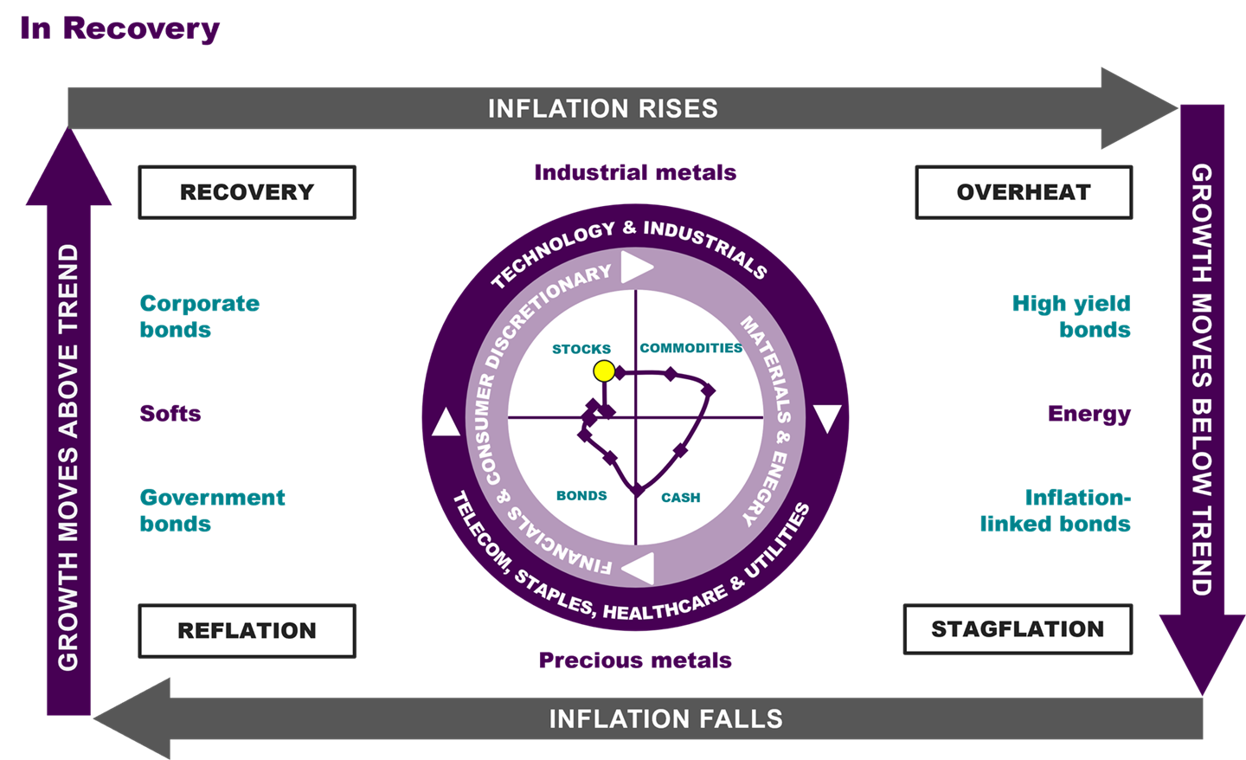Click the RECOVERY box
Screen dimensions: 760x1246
247,192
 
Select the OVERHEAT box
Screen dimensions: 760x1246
1024,192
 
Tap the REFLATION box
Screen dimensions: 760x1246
247,630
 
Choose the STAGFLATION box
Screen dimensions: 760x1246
1018,628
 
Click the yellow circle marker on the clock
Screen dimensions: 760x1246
604,371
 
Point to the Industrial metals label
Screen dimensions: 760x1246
635,172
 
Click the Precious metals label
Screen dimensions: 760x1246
635,660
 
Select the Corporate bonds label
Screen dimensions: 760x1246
199,316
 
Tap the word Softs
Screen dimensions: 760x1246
170,413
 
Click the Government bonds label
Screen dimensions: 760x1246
212,510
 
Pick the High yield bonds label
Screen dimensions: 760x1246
1071,316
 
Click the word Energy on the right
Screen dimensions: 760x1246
1089,414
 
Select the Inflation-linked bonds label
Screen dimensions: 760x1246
1056,510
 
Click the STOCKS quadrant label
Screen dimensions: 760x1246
581,349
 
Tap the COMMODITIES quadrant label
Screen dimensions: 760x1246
690,348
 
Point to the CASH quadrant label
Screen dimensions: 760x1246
681,498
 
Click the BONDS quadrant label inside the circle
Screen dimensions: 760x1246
581,496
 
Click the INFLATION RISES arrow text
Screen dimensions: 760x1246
603,108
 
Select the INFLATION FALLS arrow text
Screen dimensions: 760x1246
665,719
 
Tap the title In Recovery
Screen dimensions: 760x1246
119,28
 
